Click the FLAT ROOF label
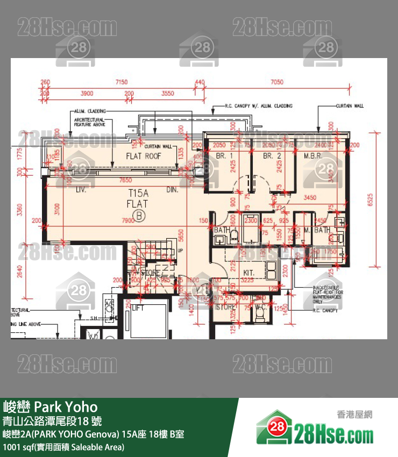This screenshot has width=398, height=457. coord(144,156)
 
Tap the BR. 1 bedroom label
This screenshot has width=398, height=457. coord(224,156)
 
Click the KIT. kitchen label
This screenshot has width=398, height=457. coord(248,273)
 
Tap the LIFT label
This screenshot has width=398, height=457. coord(138,308)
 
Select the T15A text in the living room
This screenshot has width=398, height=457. coord(138,193)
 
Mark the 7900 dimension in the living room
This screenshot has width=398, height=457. coord(128,220)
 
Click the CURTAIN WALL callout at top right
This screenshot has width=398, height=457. coord(350,106)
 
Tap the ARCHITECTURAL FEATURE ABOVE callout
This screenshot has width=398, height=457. coord(89,122)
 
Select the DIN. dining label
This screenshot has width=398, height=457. coord(172,190)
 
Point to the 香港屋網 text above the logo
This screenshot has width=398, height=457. coord(354,415)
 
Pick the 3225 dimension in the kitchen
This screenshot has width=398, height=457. coord(247,280)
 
